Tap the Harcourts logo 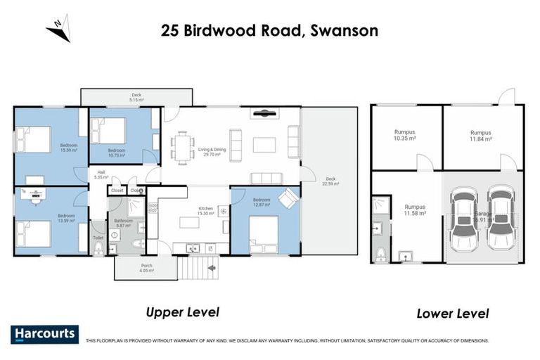click(x=44, y=334)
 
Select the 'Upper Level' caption click(x=182, y=311)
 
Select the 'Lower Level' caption click(x=452, y=313)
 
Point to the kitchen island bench click(x=190, y=223)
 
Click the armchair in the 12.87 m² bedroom click(x=288, y=198)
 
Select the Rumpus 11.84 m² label click(x=480, y=136)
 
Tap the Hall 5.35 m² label click(x=101, y=175)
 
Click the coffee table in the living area click(x=264, y=145)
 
